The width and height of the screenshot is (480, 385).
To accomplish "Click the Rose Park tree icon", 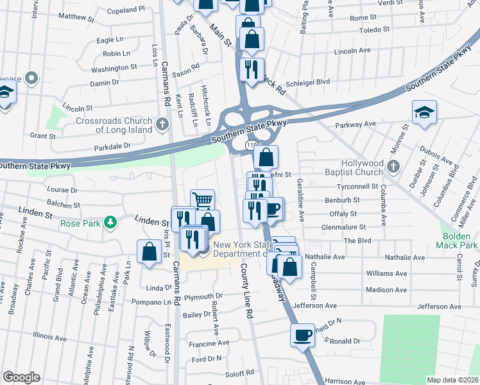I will [110, 223].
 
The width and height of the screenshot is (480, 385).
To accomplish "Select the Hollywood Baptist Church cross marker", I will [395, 168].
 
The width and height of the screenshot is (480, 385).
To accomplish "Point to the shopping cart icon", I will [202, 200].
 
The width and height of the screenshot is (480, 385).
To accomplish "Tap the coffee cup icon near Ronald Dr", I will [302, 334].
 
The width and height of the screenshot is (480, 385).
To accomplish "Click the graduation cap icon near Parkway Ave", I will [424, 112].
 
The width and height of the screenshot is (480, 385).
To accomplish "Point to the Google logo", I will [21, 377].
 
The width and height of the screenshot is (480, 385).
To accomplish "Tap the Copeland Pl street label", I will [126, 10].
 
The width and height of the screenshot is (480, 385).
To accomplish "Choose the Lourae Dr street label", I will [62, 190].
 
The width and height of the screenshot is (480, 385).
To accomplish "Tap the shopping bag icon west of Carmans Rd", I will [149, 252].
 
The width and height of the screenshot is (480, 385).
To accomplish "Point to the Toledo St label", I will [374, 30].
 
